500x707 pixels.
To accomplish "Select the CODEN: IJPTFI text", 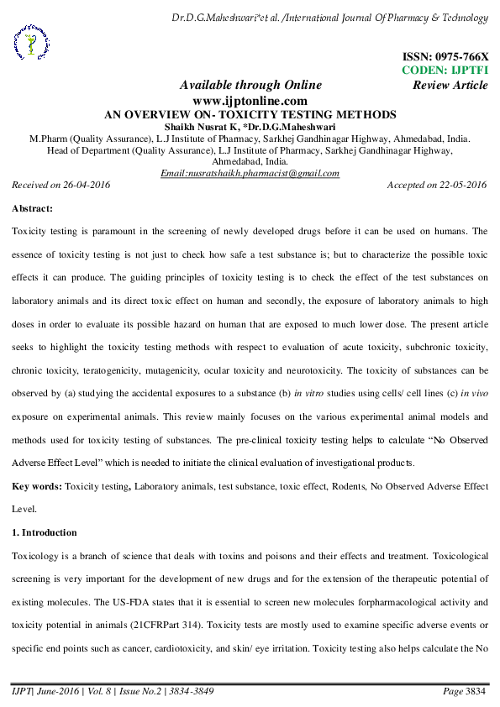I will pos(445,71).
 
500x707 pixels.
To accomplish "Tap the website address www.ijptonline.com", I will pos(250,100).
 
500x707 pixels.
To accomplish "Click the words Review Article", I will pos(450,85).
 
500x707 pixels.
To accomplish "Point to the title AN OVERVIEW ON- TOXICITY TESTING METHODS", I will pos(250,114).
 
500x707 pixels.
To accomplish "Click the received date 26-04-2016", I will pos(84,184).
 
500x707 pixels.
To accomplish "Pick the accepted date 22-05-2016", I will pos(461,184).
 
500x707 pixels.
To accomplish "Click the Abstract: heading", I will pos(33,207).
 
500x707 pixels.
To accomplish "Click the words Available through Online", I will pos(250,85).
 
